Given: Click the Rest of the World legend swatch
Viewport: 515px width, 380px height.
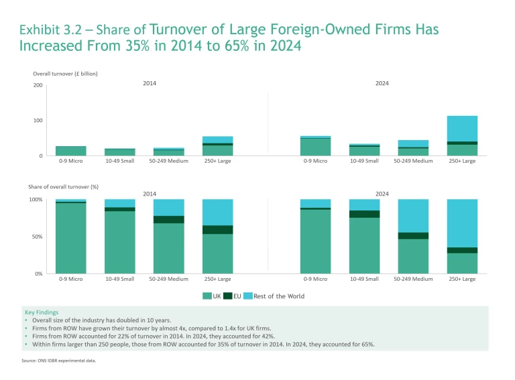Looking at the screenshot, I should (x=247, y=296).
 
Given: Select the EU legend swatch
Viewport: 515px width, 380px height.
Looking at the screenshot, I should (x=228, y=296).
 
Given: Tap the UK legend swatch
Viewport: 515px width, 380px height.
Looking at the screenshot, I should (x=207, y=296).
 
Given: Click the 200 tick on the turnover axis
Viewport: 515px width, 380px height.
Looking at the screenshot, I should (x=38, y=86).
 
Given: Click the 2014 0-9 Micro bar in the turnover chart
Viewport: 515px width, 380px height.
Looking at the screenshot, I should (x=70, y=151).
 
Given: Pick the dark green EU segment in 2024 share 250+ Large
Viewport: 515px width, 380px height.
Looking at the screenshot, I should (x=462, y=250).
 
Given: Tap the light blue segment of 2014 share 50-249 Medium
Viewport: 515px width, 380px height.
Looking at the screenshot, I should (x=168, y=207).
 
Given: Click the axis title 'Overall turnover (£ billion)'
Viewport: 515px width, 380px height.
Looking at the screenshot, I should (x=65, y=74).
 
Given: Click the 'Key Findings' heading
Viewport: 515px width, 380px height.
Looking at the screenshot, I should (x=42, y=312).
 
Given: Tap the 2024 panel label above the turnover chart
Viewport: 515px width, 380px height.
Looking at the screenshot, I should (x=382, y=83).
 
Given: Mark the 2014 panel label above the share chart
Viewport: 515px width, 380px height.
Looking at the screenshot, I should (x=150, y=194).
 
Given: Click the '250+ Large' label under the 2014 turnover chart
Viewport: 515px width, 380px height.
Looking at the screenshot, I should (x=217, y=161).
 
